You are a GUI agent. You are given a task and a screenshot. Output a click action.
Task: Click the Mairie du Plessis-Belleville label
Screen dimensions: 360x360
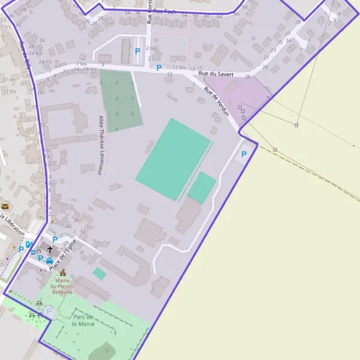[x=62, y=286]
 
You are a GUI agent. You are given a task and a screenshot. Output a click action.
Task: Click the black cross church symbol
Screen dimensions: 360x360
[x=49, y=248]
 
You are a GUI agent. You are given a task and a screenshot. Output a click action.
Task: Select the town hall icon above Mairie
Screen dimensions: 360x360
[x=62, y=272]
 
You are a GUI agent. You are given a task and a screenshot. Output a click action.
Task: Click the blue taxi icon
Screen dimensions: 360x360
[x=49, y=260]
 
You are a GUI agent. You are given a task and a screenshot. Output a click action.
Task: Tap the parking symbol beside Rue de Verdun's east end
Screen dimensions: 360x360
[x=244, y=155]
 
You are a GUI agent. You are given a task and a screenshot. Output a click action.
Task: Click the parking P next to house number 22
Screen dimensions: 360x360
[x=158, y=68]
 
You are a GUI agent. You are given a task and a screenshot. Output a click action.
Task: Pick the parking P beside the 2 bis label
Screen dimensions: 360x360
[x=137, y=52]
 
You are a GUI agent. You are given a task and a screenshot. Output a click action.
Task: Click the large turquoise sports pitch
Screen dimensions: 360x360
[x=173, y=158]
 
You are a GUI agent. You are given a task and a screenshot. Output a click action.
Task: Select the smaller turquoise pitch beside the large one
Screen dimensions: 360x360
[x=202, y=187]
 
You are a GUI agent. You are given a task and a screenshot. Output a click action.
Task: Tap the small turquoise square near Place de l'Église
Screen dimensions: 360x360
[x=100, y=274]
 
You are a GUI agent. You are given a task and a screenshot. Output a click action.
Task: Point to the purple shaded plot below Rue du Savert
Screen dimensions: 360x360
[x=240, y=93]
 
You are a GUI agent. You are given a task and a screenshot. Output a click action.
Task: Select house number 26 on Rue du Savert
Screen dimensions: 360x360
[x=248, y=76]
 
